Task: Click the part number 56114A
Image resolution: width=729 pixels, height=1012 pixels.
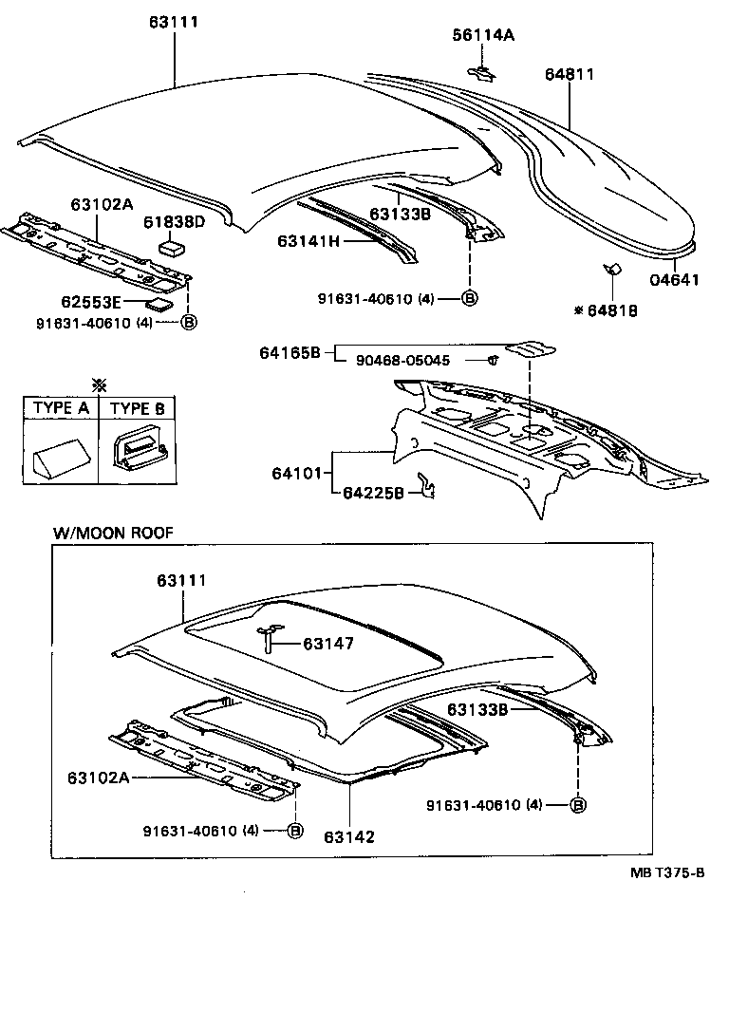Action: [482, 35]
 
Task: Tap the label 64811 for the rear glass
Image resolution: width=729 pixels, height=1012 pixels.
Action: [570, 74]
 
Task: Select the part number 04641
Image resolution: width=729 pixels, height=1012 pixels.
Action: [674, 280]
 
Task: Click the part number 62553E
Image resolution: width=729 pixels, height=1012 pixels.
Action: [91, 304]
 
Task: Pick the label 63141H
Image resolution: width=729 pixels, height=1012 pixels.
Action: [308, 241]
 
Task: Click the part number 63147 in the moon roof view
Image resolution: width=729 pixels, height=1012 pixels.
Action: [328, 644]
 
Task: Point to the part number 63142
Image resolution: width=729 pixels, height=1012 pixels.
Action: [348, 836]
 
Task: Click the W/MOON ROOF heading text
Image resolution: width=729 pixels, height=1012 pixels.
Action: [113, 534]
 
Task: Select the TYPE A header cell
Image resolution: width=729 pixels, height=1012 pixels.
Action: [61, 408]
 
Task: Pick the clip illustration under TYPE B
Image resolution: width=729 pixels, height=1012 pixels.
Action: [139, 450]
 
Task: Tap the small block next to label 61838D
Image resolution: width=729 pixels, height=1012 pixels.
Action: [173, 248]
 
